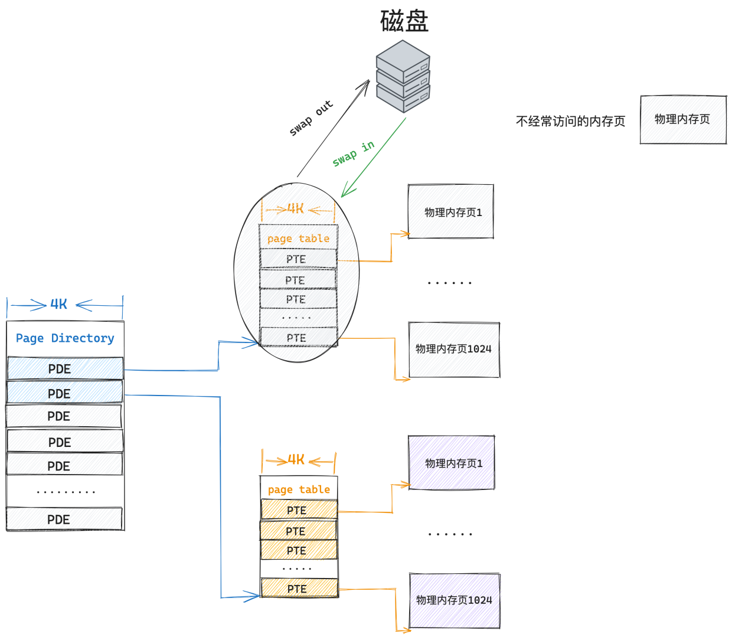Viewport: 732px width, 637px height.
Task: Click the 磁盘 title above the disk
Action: pos(404,21)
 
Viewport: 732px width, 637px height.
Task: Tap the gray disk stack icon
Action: pos(403,76)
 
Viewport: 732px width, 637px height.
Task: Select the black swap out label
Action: pos(311,117)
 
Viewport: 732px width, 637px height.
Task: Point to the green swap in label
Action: pos(354,153)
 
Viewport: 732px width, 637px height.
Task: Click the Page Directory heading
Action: pos(65,338)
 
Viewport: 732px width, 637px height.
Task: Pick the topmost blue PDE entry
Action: pos(65,368)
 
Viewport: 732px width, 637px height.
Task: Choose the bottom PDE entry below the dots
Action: pos(64,519)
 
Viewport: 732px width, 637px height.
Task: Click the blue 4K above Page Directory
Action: pos(58,305)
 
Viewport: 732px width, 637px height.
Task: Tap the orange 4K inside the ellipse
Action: pos(296,208)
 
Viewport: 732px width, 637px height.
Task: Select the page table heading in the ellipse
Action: pos(298,239)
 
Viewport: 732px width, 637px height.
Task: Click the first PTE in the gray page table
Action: pos(298,259)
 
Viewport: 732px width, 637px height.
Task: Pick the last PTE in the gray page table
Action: pos(298,337)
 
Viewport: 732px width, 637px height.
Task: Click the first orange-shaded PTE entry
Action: pos(299,510)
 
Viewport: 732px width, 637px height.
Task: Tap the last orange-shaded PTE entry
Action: pos(299,589)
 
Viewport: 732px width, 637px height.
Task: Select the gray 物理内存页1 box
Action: pos(451,211)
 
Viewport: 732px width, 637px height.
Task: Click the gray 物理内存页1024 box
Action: pos(454,350)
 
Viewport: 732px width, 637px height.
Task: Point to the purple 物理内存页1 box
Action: pos(452,462)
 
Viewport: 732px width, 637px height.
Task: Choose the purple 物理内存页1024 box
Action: pos(455,601)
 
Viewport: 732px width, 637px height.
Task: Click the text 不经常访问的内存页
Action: pos(570,121)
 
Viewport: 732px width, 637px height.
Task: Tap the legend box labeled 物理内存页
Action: pos(684,119)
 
